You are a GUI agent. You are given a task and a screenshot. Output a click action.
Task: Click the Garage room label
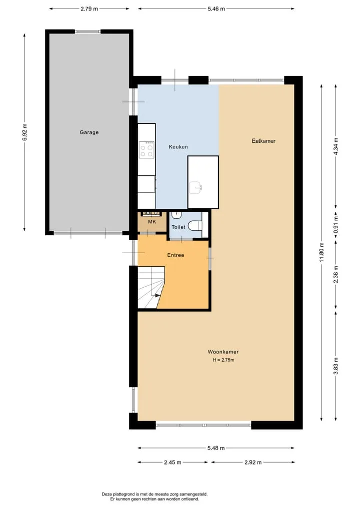click(x=89, y=132)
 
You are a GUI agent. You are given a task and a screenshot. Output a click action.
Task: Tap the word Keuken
click(x=178, y=147)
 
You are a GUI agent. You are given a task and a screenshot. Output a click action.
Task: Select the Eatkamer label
click(x=263, y=141)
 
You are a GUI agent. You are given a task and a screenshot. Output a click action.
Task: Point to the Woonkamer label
click(x=223, y=352)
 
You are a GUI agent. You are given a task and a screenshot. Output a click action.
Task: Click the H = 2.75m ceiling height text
click(x=223, y=360)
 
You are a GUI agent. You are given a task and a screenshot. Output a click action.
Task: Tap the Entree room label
click(x=175, y=255)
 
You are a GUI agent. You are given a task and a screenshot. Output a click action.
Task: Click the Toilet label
click(x=178, y=227)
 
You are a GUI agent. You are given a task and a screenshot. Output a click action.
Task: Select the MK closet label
click(x=152, y=222)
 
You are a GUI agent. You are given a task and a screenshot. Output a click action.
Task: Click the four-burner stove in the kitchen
click(x=146, y=150)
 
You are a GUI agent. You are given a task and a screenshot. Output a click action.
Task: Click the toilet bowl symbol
click(x=195, y=225)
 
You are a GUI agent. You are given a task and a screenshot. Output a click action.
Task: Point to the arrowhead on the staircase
click(x=157, y=295)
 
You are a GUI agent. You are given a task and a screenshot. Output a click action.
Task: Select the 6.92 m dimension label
click(x=25, y=132)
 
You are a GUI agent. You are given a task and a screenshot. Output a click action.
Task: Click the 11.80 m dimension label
click(x=321, y=252)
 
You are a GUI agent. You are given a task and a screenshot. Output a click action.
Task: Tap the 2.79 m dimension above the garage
click(x=89, y=9)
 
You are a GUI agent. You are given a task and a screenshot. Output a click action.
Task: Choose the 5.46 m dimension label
click(x=216, y=9)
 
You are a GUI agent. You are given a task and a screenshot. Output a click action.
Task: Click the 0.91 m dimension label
click(x=336, y=225)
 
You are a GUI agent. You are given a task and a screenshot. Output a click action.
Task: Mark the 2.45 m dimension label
click(x=172, y=463)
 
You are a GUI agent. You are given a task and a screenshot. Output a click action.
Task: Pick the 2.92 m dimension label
click(x=253, y=463)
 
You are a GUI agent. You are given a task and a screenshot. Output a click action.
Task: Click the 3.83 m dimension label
click(x=336, y=366)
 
